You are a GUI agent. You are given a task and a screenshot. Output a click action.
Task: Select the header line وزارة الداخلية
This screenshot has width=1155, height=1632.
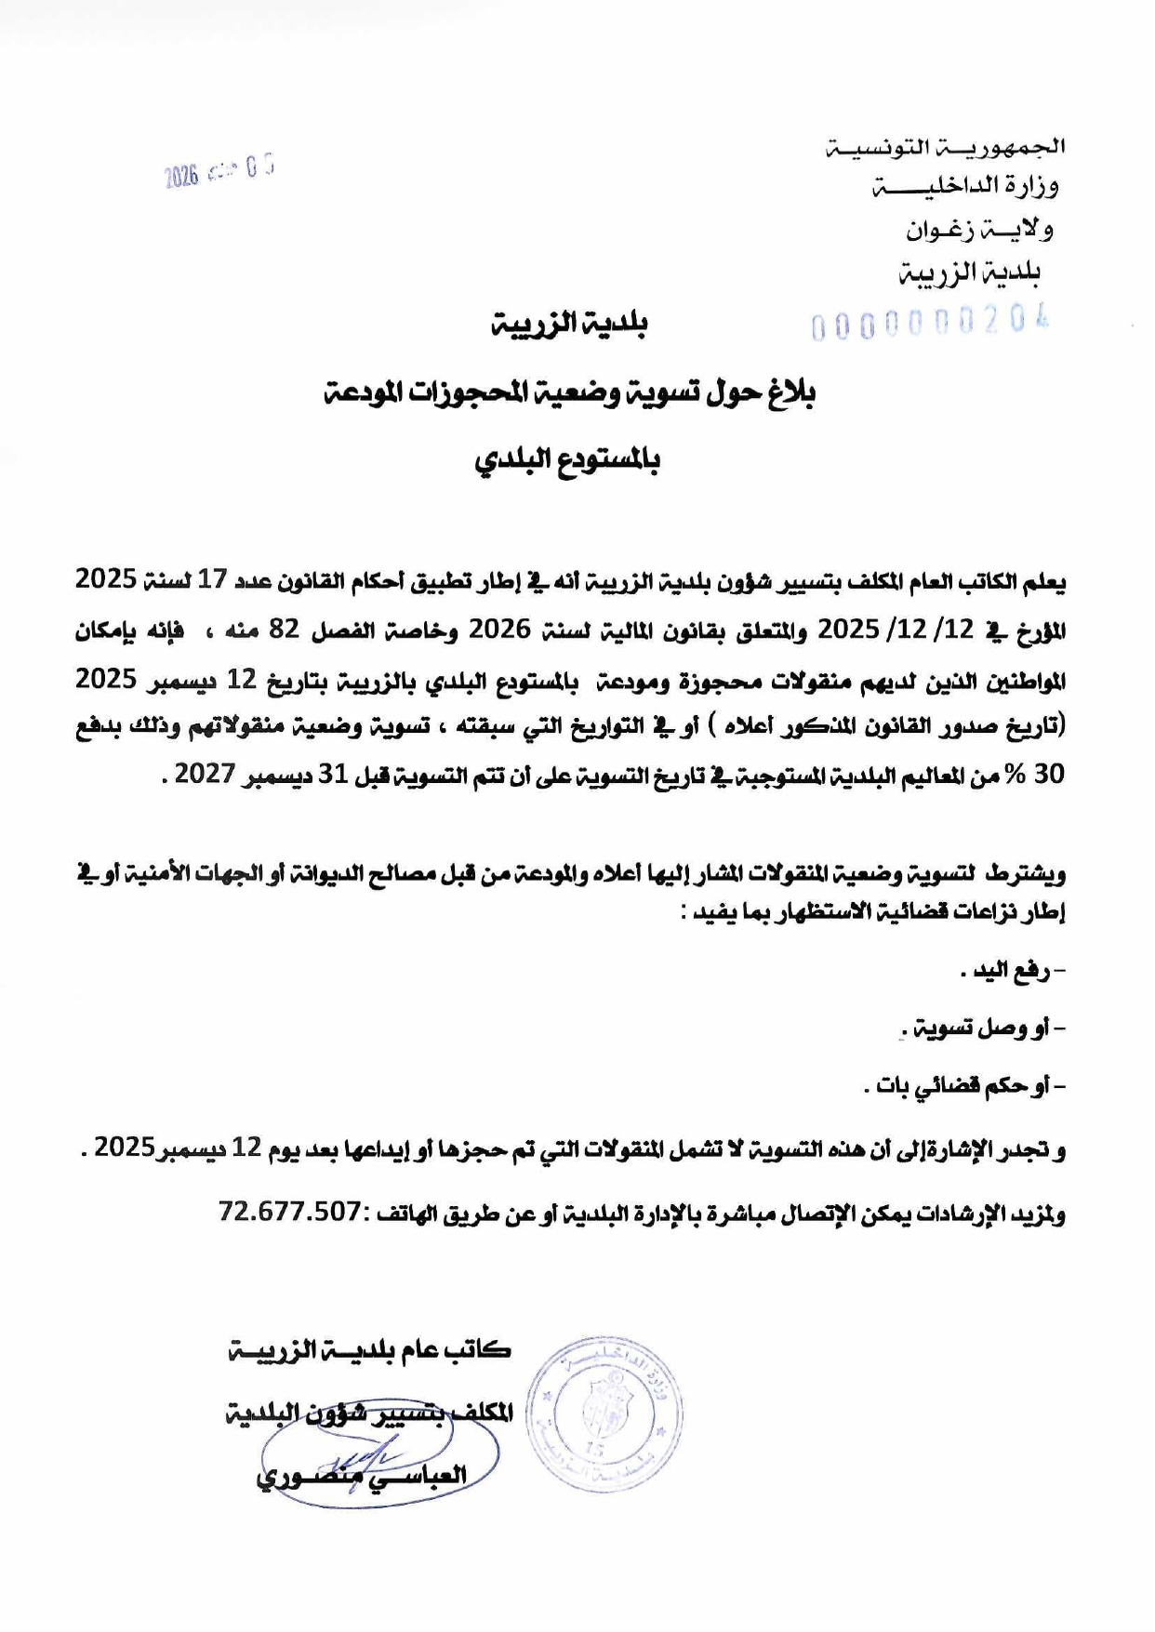click(965, 187)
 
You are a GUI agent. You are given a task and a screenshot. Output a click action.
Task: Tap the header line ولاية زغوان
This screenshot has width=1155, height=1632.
click(979, 230)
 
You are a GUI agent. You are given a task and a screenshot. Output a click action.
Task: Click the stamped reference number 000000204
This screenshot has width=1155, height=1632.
click(931, 324)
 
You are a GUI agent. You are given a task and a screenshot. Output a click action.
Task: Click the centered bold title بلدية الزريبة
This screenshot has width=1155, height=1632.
click(569, 324)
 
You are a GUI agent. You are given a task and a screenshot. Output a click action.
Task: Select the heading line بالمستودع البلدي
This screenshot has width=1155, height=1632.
click(567, 460)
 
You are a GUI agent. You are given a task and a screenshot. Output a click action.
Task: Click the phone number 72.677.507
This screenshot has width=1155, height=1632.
click(289, 1211)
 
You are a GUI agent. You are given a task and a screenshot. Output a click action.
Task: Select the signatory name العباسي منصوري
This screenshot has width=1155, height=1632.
click(362, 1476)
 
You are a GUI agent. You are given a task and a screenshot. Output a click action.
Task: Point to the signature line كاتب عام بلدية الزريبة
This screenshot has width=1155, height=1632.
click(369, 1350)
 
